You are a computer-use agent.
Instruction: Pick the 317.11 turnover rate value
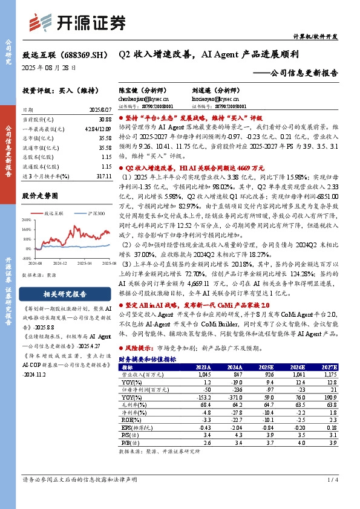[x=103, y=175]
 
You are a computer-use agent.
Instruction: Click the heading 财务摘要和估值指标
[x=148, y=359]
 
